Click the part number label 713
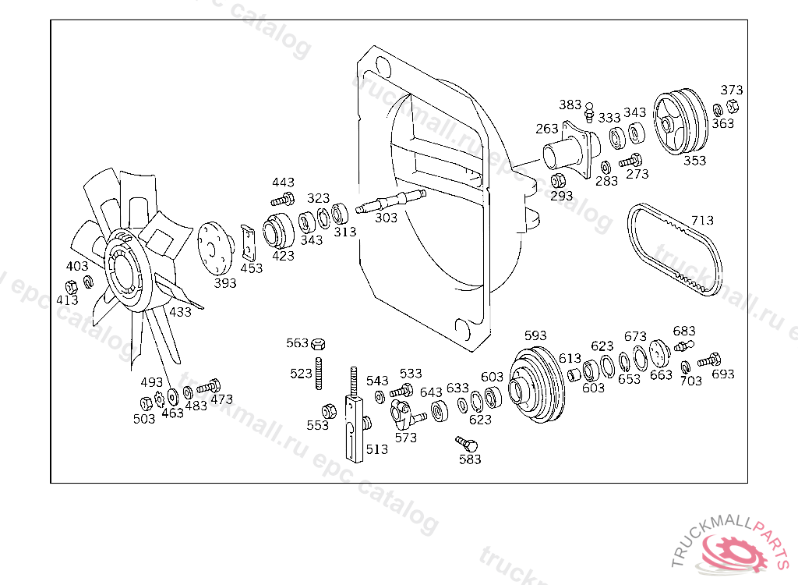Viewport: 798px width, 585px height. pyautogui.click(x=702, y=220)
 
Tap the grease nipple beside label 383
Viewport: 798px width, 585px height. pyautogui.click(x=589, y=112)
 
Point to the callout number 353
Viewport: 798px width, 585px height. pyautogui.click(x=694, y=161)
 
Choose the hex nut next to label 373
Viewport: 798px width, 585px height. pyautogui.click(x=733, y=107)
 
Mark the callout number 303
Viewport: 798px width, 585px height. pyautogui.click(x=387, y=218)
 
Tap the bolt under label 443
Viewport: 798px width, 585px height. pyautogui.click(x=283, y=199)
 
